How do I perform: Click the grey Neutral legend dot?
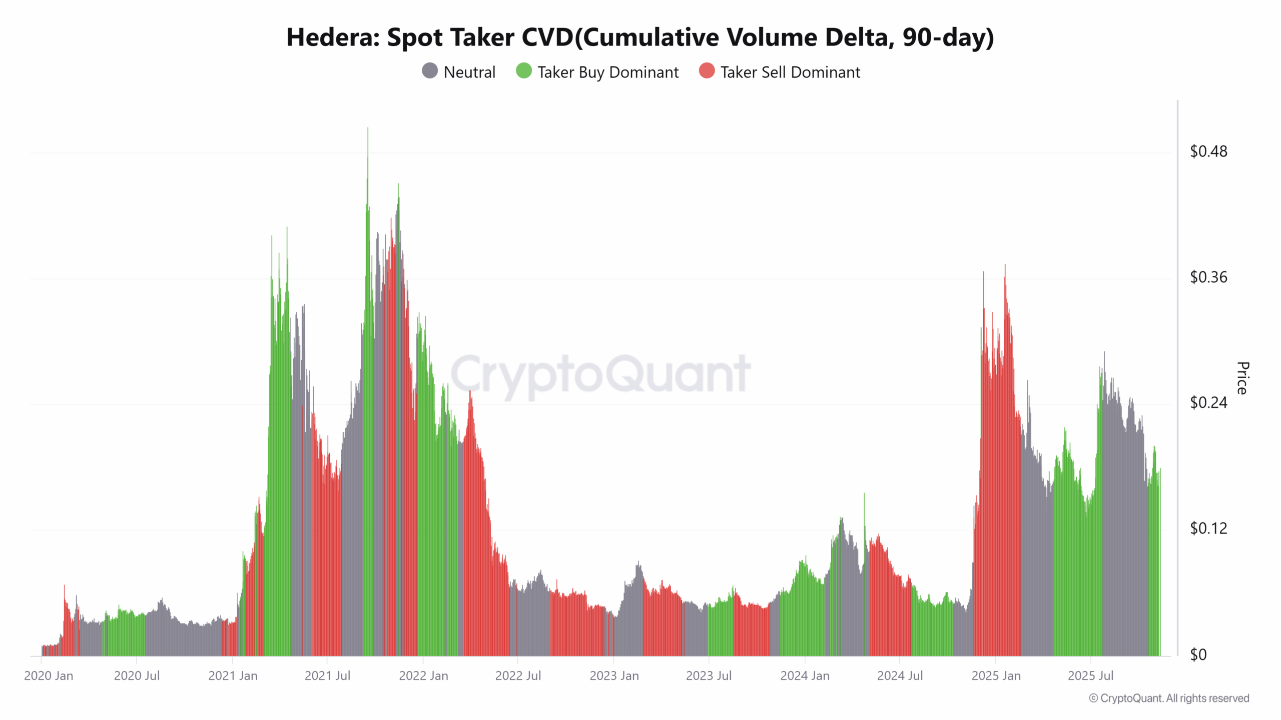(x=430, y=71)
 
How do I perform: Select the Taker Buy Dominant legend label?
(x=607, y=72)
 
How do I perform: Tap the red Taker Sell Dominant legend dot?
(x=707, y=71)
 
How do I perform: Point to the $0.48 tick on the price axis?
(x=1208, y=151)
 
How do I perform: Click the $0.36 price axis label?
(x=1208, y=277)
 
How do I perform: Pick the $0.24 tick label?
(x=1208, y=402)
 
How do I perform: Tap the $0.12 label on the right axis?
(x=1208, y=528)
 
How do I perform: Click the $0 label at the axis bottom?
(x=1198, y=654)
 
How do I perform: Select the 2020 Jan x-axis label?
(x=49, y=676)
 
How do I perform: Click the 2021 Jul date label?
(x=327, y=676)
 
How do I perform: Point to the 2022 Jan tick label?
(x=423, y=676)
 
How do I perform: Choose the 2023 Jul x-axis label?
(x=709, y=676)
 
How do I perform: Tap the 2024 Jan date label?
(x=805, y=676)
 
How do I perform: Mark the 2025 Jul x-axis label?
(x=1090, y=676)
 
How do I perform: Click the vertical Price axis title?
(x=1242, y=378)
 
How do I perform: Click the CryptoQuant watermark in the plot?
(x=600, y=374)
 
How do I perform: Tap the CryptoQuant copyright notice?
(x=1169, y=698)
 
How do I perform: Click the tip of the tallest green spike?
(x=368, y=128)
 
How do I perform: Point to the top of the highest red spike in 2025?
(x=1005, y=265)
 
